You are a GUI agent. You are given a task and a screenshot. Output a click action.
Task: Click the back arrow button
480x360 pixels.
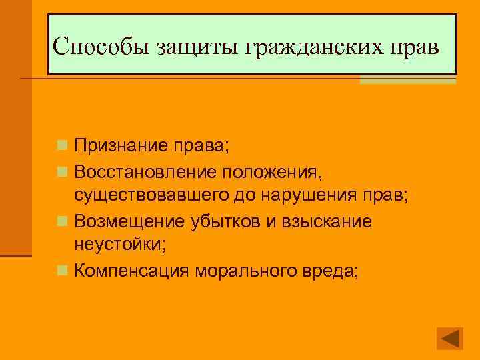click(449, 338)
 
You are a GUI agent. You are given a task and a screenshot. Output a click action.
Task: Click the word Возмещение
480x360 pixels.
click(132, 221)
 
